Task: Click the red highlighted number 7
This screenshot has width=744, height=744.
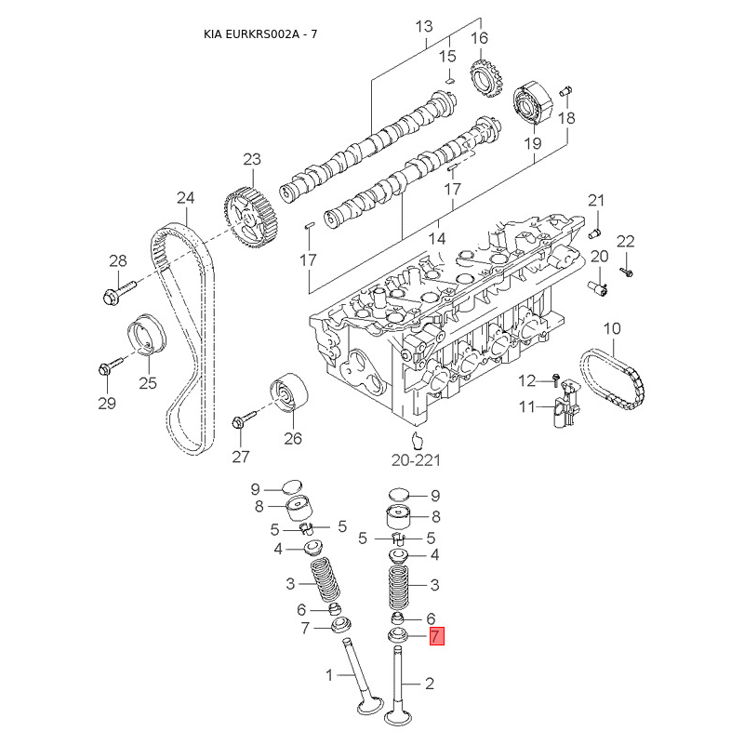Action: [x=436, y=636]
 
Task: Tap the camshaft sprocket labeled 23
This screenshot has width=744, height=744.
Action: [x=251, y=217]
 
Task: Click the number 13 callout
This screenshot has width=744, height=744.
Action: [x=424, y=26]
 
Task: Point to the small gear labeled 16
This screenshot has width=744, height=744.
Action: [x=485, y=79]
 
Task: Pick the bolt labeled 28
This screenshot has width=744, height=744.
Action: [x=119, y=291]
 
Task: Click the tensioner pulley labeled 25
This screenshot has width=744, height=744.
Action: [x=147, y=334]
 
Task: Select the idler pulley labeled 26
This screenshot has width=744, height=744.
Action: [x=289, y=392]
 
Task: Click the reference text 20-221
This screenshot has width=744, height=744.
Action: [x=416, y=460]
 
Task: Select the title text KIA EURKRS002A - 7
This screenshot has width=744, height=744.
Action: [x=260, y=34]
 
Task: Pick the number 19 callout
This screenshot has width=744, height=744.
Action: [x=532, y=143]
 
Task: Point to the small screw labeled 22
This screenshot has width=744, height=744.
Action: [x=627, y=272]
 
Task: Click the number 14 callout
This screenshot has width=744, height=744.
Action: [x=437, y=238]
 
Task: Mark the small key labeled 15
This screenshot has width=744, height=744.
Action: [x=451, y=79]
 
